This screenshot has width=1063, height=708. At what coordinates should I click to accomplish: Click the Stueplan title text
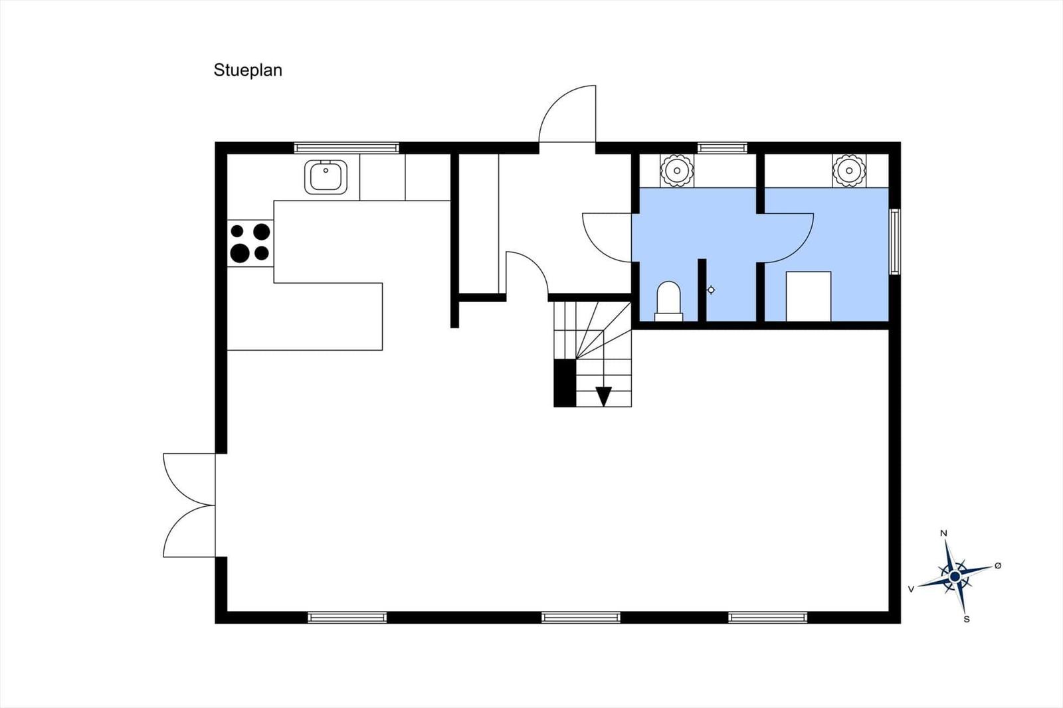click(x=248, y=70)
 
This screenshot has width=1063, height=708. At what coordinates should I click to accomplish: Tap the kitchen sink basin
click(x=326, y=177)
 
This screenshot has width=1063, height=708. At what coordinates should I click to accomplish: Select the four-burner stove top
click(x=250, y=243)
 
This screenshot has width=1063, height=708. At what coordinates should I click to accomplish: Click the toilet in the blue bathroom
click(x=668, y=302)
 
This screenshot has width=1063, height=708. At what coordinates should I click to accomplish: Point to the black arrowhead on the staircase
click(x=604, y=397)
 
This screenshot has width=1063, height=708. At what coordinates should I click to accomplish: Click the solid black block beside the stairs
click(x=565, y=383)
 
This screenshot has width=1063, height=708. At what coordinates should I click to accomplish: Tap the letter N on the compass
click(x=943, y=533)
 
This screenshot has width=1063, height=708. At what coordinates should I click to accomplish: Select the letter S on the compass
click(x=967, y=619)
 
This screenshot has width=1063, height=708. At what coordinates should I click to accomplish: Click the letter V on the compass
click(x=911, y=589)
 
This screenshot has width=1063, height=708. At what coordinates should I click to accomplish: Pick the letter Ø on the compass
click(x=997, y=566)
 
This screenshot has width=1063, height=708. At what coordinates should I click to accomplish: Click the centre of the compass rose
click(x=955, y=576)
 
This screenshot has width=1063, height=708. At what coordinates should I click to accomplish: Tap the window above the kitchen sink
click(x=346, y=148)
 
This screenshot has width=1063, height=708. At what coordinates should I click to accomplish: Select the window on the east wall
click(x=895, y=242)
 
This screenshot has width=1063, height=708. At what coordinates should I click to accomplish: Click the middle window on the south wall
click(x=581, y=618)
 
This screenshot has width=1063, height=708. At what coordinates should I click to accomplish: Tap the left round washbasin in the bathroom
click(x=677, y=170)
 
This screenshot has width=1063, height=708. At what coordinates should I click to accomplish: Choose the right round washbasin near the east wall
click(x=849, y=170)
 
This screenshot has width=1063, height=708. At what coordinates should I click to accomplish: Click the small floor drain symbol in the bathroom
click(x=711, y=290)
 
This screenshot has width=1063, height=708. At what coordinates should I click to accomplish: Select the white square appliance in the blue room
click(x=809, y=297)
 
